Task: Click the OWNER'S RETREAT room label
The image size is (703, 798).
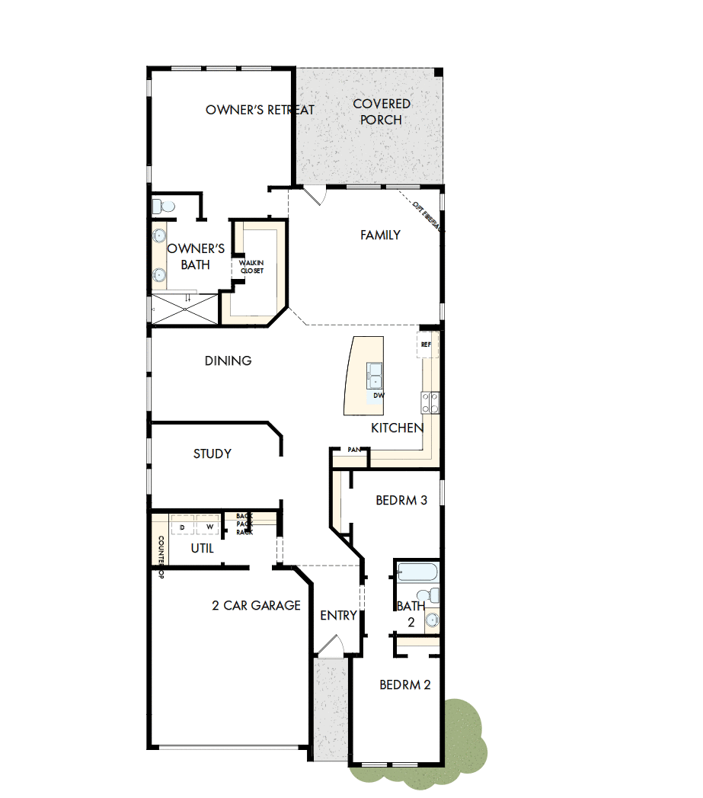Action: [x=260, y=111]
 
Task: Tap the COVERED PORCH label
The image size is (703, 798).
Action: [x=382, y=111]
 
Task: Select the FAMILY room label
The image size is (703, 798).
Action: [x=380, y=235]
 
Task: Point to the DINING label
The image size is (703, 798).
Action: [x=228, y=361]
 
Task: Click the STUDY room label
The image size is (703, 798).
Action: [x=212, y=453]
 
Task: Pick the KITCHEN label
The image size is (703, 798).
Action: [x=397, y=428]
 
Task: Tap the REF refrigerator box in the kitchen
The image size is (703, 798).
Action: [x=426, y=345]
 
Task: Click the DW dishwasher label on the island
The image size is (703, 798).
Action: [x=378, y=396]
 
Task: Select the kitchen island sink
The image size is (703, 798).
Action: [x=375, y=373]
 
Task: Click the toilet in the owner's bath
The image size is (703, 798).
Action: [x=163, y=206]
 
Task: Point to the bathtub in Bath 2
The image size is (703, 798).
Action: [x=417, y=572]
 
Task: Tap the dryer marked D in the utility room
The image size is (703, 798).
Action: [x=183, y=527]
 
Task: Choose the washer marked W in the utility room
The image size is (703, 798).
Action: [x=208, y=527]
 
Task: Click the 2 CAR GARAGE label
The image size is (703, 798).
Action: [x=256, y=606]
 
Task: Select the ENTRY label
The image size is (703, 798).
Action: [x=338, y=616]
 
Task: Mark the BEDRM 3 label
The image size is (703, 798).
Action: [x=401, y=501]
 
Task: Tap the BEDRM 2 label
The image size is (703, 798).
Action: [x=405, y=685]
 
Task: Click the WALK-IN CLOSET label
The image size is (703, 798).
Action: [x=251, y=267]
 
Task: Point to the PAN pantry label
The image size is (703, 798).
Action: [x=353, y=450]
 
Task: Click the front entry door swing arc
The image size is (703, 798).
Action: [x=332, y=646]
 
